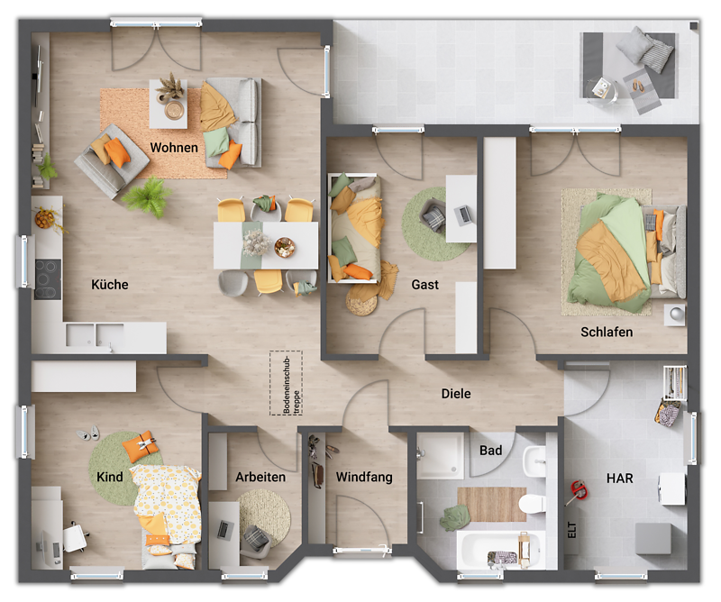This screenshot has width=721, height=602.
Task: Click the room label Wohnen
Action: coord(174,147)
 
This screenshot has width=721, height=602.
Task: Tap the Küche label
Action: coord(110,285)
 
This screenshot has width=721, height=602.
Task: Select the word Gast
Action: coord(425,285)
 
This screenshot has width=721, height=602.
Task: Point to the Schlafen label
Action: coord(607,332)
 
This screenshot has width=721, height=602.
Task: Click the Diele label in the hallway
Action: coord(456,394)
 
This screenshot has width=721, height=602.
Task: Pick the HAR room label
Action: coord(619,479)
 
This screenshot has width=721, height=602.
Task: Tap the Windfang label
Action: coord(364,477)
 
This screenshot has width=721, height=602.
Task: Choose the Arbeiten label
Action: coord(260,477)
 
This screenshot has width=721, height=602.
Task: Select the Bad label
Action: coord(491,450)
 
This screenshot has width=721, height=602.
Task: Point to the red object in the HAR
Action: coord(576,492)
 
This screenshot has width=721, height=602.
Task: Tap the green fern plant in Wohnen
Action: coord(147,196)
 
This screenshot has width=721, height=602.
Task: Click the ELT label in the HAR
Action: coord(571,529)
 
